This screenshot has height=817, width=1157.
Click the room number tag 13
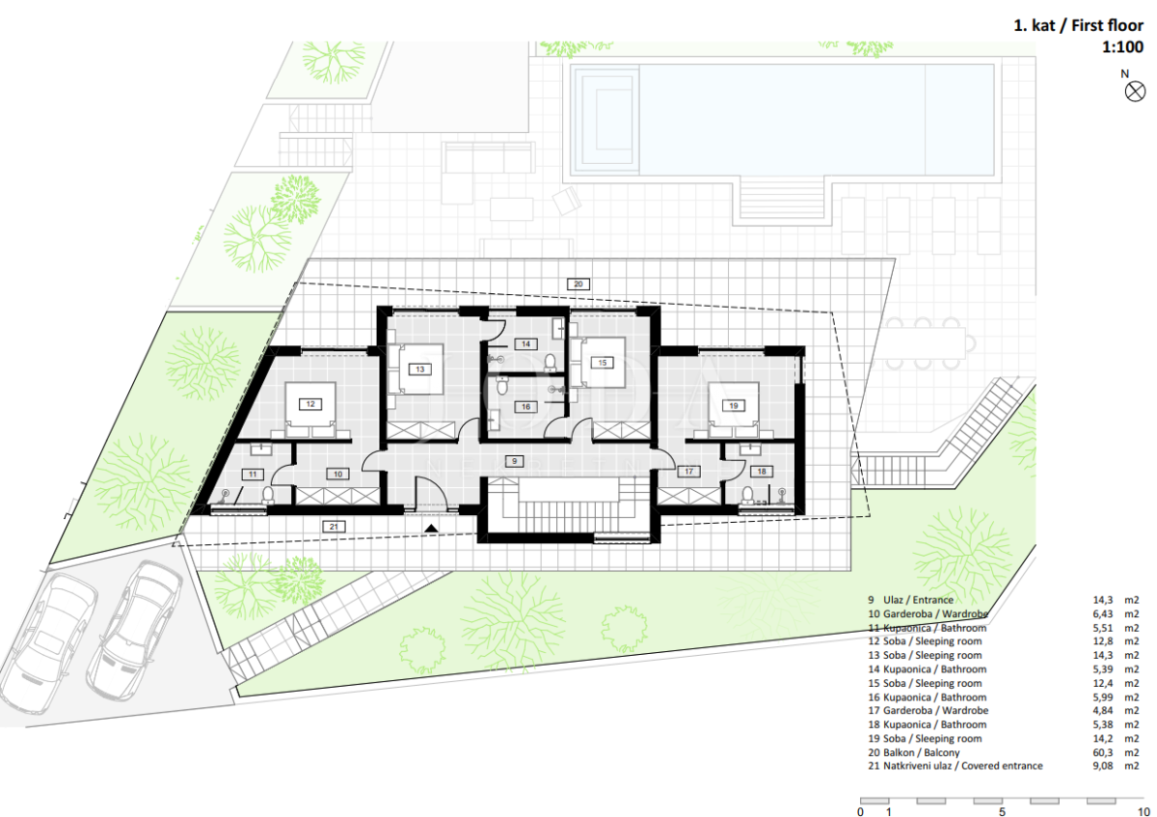click(420, 369)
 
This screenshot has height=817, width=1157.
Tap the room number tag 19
click(734, 406)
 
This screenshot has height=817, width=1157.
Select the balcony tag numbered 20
click(578, 284)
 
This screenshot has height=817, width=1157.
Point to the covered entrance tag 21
click(334, 527)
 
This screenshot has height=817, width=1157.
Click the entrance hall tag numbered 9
click(514, 461)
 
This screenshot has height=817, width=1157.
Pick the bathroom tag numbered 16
click(525, 407)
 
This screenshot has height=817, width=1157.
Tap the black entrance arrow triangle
click(431, 529)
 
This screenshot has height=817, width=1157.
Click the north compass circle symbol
click(1135, 92)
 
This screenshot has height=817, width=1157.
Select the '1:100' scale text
click(1122, 47)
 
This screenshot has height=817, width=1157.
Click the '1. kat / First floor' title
click(1079, 25)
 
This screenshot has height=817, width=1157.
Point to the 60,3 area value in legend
click(1103, 752)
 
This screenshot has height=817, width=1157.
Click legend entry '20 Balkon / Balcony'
click(914, 752)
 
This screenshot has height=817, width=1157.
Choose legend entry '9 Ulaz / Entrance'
click(910, 600)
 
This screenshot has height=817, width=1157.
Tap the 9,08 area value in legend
click(1103, 766)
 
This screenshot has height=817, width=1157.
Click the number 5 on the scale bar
click(1002, 811)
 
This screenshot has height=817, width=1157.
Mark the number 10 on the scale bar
click(1144, 811)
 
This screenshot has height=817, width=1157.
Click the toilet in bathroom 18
click(747, 496)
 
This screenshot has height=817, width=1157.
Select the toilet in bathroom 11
click(268, 495)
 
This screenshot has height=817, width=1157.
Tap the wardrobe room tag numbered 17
click(688, 472)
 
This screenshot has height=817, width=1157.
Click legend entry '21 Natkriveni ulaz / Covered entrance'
click(955, 766)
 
